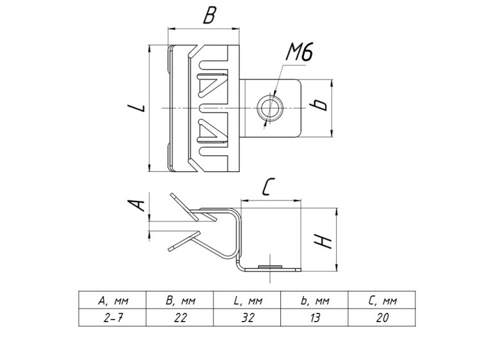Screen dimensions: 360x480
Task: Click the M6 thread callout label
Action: coord(298,53)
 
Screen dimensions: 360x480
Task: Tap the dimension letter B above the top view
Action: coord(209,16)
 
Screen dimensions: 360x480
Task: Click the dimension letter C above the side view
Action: coord(269,187)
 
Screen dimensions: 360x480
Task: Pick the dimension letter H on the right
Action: coord(324,239)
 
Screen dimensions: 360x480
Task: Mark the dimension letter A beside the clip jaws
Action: coord(134,204)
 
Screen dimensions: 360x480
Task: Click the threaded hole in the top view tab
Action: coord(268,107)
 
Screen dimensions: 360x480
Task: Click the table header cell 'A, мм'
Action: coord(113,300)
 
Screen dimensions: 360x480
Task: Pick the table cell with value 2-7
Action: coord(113,317)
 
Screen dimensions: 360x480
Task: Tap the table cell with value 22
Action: coord(180,317)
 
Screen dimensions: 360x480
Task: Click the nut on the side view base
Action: coord(269,264)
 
